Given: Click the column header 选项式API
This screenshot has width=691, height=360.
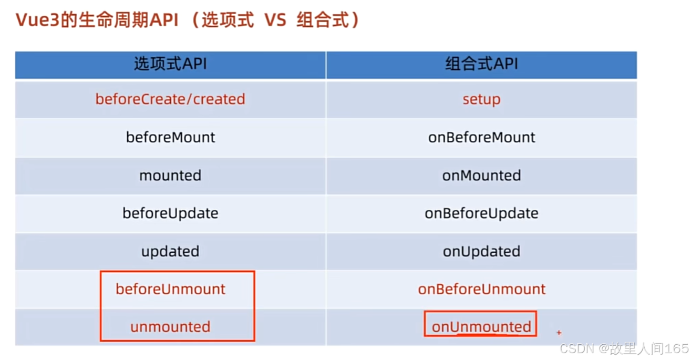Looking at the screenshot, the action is (x=170, y=64).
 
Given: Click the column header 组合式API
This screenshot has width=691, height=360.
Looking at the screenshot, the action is (x=481, y=64).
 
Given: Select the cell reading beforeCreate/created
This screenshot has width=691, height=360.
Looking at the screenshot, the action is (x=170, y=99).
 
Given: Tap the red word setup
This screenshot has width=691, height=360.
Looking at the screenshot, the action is (x=481, y=100).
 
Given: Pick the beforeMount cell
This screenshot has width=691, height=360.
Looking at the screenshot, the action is (x=170, y=137).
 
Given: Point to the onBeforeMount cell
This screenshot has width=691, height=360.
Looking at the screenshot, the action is (x=481, y=137).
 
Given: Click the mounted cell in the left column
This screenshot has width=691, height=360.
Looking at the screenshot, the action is (x=170, y=176).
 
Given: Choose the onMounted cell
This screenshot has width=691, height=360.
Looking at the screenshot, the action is (x=481, y=176).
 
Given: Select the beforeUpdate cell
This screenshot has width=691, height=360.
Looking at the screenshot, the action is (x=170, y=213).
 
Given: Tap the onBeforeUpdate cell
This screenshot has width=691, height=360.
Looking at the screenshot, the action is (x=481, y=213).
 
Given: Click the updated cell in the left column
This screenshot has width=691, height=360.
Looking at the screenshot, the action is (x=170, y=252).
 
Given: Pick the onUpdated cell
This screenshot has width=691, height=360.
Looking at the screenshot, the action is (x=481, y=252).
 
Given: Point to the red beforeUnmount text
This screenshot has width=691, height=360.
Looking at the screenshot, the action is (x=170, y=290).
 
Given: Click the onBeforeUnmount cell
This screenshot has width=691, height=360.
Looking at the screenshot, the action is (x=481, y=290).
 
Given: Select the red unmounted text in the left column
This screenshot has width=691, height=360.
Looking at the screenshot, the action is (x=170, y=327).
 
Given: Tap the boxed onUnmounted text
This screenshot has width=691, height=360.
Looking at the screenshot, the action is (x=481, y=327).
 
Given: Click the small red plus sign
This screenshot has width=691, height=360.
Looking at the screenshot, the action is (x=559, y=333).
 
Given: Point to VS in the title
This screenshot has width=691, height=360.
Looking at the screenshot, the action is (x=275, y=20).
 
